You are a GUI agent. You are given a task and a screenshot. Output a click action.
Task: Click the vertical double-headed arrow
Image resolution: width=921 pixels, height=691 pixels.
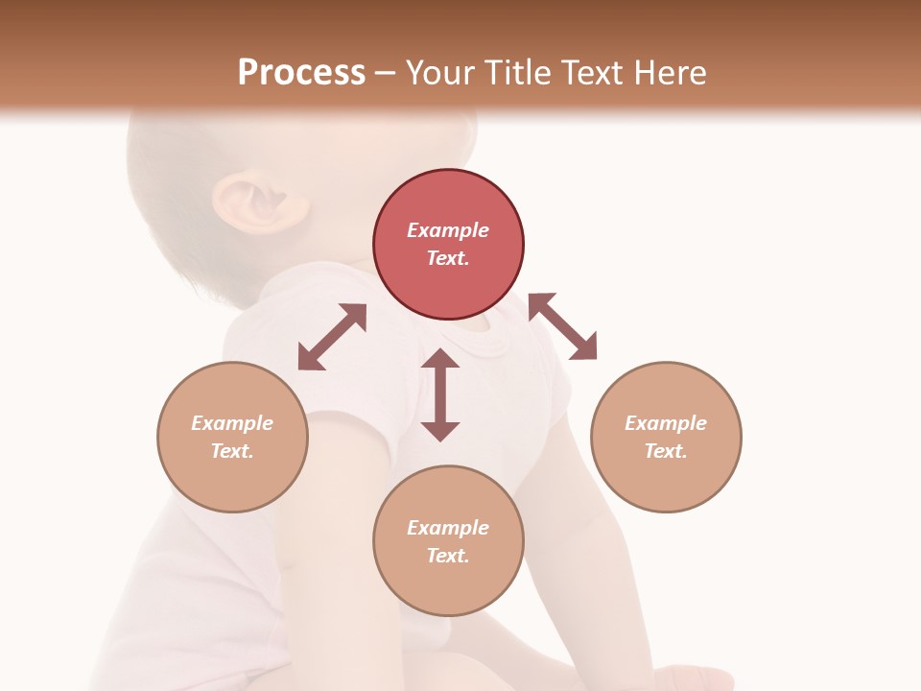coord(440,394)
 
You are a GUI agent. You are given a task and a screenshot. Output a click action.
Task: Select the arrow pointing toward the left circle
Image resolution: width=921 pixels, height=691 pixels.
coord(332,337)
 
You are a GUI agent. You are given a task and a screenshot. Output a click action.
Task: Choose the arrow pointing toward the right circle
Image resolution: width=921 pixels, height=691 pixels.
coord(563,326)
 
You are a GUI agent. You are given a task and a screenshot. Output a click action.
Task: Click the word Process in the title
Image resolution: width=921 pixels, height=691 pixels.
coord(301,72)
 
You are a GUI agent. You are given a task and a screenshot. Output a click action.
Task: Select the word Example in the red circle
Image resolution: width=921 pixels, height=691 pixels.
coord(448,230)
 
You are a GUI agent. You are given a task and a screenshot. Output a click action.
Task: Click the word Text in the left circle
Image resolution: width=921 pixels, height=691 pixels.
coord(232,451)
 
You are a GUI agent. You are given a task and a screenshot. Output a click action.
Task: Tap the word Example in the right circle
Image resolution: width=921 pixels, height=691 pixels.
coord(666,423)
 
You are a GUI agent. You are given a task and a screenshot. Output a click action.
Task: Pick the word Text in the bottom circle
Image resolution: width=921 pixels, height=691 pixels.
coord(448,556)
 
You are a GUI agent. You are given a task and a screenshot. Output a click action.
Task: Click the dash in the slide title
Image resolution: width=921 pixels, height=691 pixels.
coord(385,73)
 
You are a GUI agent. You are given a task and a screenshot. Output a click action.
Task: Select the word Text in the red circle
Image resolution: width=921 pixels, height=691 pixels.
coord(448,258)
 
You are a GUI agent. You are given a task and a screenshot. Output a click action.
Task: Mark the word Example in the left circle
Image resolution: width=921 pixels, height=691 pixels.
coord(232,423)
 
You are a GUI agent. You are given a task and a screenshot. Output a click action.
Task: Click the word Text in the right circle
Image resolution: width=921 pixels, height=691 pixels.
coord(666,451)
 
